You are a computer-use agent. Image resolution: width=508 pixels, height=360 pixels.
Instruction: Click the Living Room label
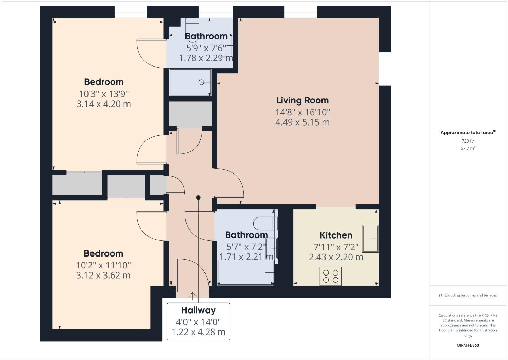[302, 100]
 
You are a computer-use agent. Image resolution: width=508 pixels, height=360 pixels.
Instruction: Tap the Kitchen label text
[336, 235]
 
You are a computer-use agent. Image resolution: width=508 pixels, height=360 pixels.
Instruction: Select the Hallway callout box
[198, 321]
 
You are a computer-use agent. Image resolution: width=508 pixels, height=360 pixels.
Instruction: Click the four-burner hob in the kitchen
[331, 276]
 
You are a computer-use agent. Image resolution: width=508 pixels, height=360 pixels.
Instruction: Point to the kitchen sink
[370, 239]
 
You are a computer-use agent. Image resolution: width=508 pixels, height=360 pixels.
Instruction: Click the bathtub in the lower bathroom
[246, 273]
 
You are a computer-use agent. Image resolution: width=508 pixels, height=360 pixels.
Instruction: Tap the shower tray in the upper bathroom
[190, 82]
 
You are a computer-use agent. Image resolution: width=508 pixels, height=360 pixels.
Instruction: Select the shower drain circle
[201, 82]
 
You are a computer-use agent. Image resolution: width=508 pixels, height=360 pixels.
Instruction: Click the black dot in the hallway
[198, 197]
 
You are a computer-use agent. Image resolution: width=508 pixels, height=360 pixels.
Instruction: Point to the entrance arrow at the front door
[193, 296]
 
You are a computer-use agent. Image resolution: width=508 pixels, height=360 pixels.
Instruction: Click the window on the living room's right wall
[385, 69]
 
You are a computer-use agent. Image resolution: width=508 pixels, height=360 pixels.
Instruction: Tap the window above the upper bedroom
[131, 12]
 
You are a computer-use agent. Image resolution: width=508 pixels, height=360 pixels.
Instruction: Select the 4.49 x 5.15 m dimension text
[302, 122]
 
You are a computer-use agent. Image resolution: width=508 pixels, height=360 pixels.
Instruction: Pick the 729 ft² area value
[468, 141]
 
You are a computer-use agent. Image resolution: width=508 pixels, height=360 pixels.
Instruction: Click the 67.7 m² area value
[468, 148]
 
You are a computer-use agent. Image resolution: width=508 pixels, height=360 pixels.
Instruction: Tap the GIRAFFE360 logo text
[468, 345]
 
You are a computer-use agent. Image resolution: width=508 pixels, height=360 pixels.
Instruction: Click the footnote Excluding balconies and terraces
[468, 295]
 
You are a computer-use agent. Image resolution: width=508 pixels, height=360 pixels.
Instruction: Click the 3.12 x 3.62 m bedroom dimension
[103, 275]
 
